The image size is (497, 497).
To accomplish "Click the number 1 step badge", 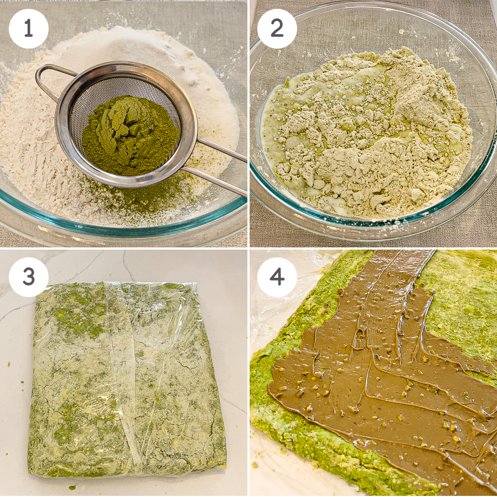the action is click(29, 29).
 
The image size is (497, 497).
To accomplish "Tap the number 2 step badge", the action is click(277, 29).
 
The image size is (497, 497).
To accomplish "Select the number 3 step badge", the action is click(29, 277).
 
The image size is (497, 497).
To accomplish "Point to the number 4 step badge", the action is click(277, 277).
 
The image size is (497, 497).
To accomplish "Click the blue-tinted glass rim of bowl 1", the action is click(124, 222).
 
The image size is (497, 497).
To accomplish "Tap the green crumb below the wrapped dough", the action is click(73, 487).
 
